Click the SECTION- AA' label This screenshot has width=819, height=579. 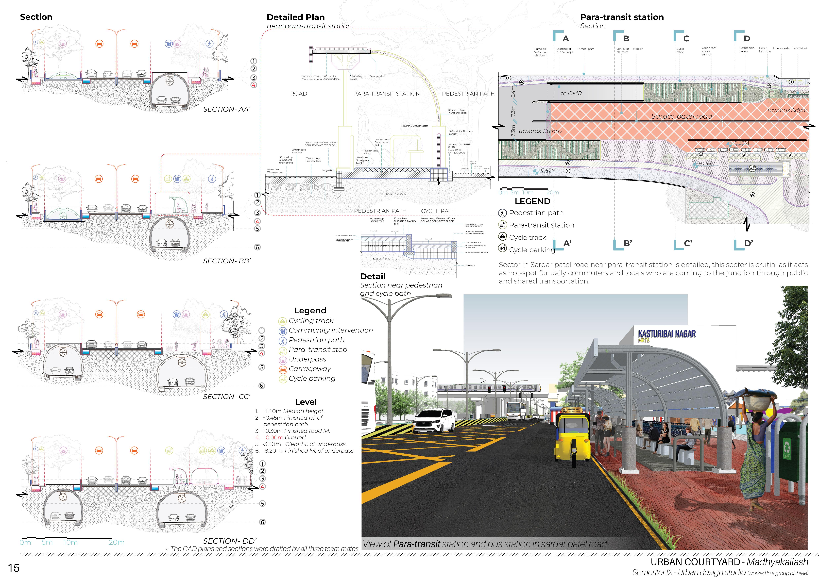(226, 109)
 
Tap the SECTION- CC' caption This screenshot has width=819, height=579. (226, 397)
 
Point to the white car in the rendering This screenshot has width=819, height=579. (433, 421)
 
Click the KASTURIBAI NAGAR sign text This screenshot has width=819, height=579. (666, 334)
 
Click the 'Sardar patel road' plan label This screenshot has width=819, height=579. (681, 116)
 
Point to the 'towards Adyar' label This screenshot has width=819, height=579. (787, 110)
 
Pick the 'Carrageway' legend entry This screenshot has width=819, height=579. (310, 369)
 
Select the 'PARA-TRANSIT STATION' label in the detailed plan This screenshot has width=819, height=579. (386, 94)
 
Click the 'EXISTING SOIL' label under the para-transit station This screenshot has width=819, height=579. (396, 194)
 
